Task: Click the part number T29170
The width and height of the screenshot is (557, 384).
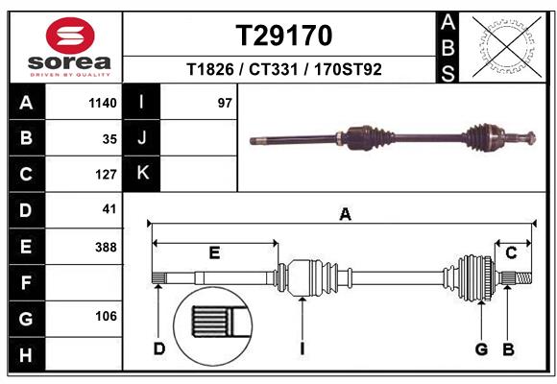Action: tap(283, 36)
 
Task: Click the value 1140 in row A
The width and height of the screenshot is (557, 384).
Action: tap(102, 103)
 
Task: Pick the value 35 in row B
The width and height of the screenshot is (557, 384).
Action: tap(109, 138)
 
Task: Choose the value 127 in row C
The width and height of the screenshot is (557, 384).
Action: tap(106, 175)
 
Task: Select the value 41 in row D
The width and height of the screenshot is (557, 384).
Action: tap(109, 209)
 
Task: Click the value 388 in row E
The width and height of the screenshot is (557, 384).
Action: tap(106, 247)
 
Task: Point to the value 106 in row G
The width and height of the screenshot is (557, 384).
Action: tap(106, 317)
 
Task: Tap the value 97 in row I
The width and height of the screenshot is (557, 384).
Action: tap(225, 103)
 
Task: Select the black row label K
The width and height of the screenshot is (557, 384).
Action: tap(143, 174)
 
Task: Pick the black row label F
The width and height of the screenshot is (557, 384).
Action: tap(26, 282)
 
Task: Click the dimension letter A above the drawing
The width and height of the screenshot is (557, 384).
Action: tap(345, 215)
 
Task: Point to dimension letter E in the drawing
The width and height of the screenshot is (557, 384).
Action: tap(214, 252)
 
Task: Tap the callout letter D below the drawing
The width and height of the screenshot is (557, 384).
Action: tap(159, 348)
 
